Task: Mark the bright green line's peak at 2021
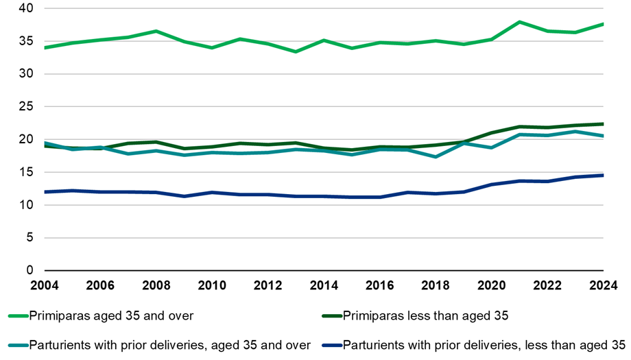click(x=520, y=22)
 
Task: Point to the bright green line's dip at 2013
click(x=296, y=51)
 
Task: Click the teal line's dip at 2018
click(x=436, y=157)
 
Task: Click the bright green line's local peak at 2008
click(x=156, y=31)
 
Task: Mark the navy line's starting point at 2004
click(x=45, y=192)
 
